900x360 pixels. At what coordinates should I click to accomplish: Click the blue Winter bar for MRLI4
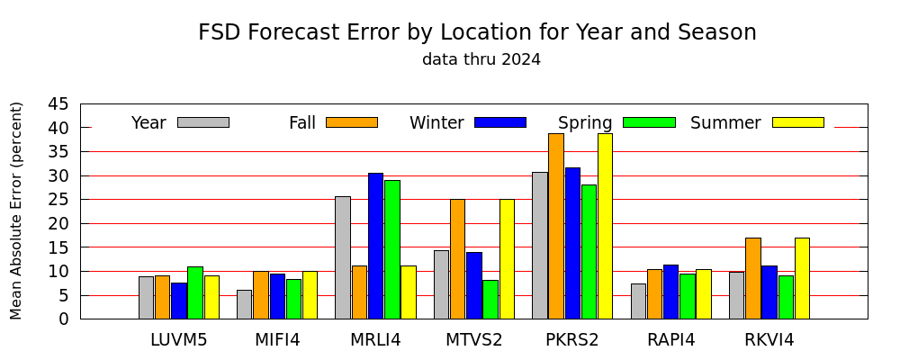[375, 246]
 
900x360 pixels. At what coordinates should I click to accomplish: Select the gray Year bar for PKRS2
[539, 245]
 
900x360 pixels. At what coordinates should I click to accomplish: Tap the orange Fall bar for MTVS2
[457, 259]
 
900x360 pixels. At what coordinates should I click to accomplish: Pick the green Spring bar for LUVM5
[195, 292]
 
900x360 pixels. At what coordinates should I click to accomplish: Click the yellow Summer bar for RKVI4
[802, 278]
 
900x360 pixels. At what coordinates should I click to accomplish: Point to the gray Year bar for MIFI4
[244, 304]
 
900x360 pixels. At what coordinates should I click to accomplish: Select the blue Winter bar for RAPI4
[670, 292]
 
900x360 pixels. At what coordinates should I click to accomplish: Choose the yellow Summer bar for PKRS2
[605, 226]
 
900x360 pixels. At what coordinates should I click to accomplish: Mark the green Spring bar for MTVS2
[490, 299]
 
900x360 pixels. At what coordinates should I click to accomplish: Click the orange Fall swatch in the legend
[352, 122]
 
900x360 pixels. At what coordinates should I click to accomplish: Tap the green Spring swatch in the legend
[649, 122]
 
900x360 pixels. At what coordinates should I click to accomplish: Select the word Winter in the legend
[436, 123]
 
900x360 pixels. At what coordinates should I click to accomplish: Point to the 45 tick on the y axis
[81, 103]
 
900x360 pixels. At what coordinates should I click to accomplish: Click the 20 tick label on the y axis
[58, 223]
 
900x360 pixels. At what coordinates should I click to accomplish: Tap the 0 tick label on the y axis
[64, 319]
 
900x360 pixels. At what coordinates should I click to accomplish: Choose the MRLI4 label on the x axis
[375, 340]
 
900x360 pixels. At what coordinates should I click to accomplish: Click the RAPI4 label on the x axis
[671, 340]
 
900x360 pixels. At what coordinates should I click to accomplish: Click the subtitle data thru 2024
[481, 59]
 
